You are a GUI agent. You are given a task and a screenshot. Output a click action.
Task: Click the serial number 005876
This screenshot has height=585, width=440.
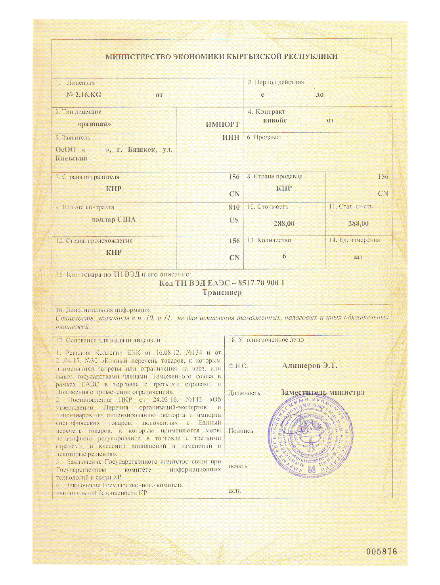coord(381,552)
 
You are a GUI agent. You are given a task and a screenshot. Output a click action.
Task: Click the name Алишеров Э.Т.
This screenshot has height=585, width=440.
coord(310,365)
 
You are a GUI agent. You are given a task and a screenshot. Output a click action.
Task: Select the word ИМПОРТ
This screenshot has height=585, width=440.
coord(222,124)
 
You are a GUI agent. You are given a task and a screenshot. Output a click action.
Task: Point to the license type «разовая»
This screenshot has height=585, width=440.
coord(94,124)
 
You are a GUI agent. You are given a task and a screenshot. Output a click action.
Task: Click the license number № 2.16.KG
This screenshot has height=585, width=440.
coord(84,95)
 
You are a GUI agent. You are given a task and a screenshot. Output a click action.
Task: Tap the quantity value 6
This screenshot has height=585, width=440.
coord(284,256)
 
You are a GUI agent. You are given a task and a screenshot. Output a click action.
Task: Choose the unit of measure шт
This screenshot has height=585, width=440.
coord(358,257)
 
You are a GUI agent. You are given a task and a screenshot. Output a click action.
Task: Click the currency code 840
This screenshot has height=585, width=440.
coord(234,207)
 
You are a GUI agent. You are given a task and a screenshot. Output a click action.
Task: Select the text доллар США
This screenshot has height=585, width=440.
coord(113,219)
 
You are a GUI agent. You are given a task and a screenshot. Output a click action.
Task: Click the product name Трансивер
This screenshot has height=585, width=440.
coord(222,292)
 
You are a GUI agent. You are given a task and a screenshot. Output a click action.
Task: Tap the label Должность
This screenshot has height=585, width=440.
coord(244,393)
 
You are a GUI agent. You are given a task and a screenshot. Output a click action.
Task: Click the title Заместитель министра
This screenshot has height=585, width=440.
coord(322,392)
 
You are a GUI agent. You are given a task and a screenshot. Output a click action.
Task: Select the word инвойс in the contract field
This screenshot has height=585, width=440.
coord(275,120)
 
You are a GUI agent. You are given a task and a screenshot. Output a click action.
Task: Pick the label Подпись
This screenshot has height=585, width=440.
coord(241,431)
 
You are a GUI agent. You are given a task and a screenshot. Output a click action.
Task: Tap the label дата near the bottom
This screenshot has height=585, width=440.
coord(235,490)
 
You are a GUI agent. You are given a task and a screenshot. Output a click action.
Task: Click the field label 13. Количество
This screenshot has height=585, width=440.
coord(269,240)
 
